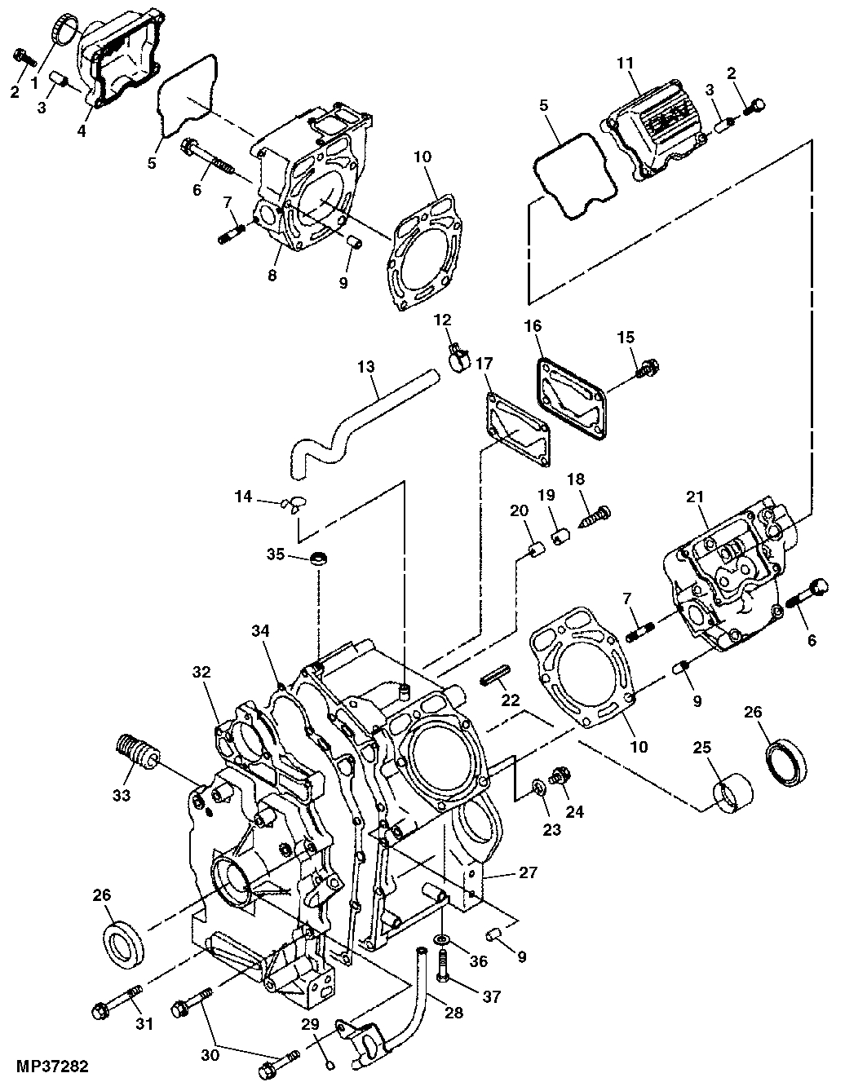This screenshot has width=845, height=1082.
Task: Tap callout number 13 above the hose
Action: pyautogui.click(x=367, y=368)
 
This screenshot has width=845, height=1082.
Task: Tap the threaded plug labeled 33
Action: pyautogui.click(x=136, y=751)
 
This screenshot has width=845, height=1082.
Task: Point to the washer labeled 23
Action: pyautogui.click(x=538, y=787)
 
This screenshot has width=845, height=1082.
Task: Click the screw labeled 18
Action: pyautogui.click(x=596, y=515)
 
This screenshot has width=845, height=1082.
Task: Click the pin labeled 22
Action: pyautogui.click(x=495, y=673)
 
